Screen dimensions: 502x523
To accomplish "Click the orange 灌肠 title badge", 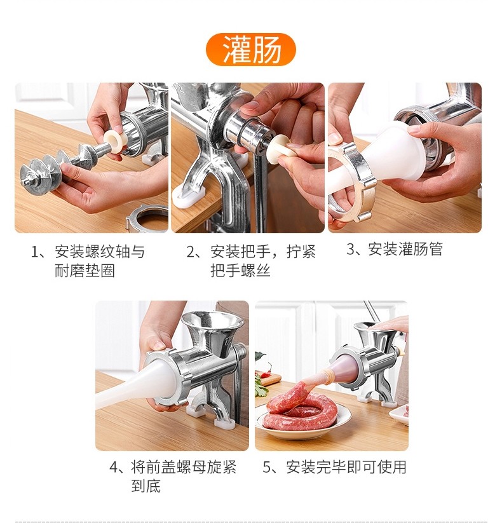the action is click(251, 50).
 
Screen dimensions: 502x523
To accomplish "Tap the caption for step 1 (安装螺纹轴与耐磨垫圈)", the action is click(88, 261).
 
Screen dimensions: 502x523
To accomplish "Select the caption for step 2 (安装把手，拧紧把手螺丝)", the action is click(251, 261).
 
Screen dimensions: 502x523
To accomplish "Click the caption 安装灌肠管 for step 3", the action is click(395, 249).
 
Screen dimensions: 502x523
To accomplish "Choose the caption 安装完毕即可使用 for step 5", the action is click(334, 467).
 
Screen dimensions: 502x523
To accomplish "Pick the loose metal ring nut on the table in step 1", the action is click(147, 218).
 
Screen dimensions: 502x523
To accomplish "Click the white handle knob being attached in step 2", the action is click(282, 149).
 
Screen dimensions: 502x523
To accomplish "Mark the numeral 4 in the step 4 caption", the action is click(114, 468).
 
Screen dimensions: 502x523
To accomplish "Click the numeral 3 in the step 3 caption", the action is click(351, 250).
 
